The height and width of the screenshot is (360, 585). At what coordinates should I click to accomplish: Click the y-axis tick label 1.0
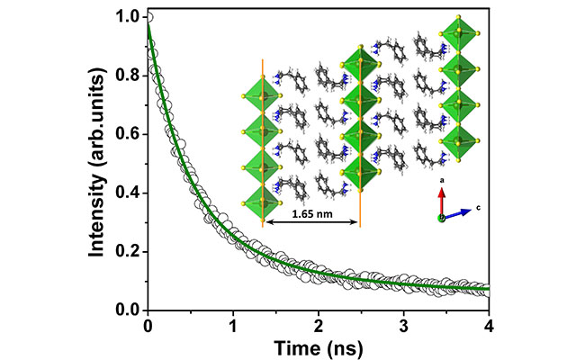click(129, 16)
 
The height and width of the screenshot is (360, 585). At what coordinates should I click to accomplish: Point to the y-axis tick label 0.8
click(129, 76)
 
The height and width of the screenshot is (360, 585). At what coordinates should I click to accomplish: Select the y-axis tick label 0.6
click(129, 134)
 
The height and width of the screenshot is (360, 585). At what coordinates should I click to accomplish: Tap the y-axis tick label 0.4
click(129, 193)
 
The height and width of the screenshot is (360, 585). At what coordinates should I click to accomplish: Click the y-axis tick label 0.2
click(129, 252)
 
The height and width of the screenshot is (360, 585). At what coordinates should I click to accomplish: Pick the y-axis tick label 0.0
click(129, 310)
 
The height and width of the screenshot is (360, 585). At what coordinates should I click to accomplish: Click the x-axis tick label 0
click(148, 324)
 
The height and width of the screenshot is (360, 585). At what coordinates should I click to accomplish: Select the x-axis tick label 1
click(233, 324)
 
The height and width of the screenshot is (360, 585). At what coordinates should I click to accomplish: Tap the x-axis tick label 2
click(319, 324)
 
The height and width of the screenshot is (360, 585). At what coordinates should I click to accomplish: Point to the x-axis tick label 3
click(403, 324)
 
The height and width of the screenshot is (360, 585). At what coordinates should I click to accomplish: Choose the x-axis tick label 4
click(489, 324)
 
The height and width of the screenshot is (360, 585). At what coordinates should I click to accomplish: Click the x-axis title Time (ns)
click(318, 345)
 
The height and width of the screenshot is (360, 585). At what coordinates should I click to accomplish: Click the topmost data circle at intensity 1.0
click(148, 16)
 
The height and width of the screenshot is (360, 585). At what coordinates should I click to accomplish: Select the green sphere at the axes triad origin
click(442, 218)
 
